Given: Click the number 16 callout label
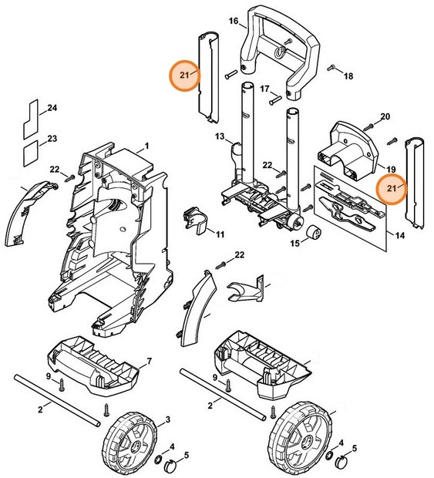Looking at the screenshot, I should [234, 23].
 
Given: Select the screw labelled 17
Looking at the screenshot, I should [276, 98].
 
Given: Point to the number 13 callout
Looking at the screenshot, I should [220, 136].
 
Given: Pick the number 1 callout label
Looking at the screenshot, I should [146, 146].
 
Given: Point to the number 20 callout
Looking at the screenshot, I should [385, 116].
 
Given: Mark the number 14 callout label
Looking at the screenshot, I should [399, 234].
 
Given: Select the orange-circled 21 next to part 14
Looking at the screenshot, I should [392, 187].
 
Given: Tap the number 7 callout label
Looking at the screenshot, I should [148, 362].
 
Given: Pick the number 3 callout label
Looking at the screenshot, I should [167, 419].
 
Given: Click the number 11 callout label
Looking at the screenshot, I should [220, 234].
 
